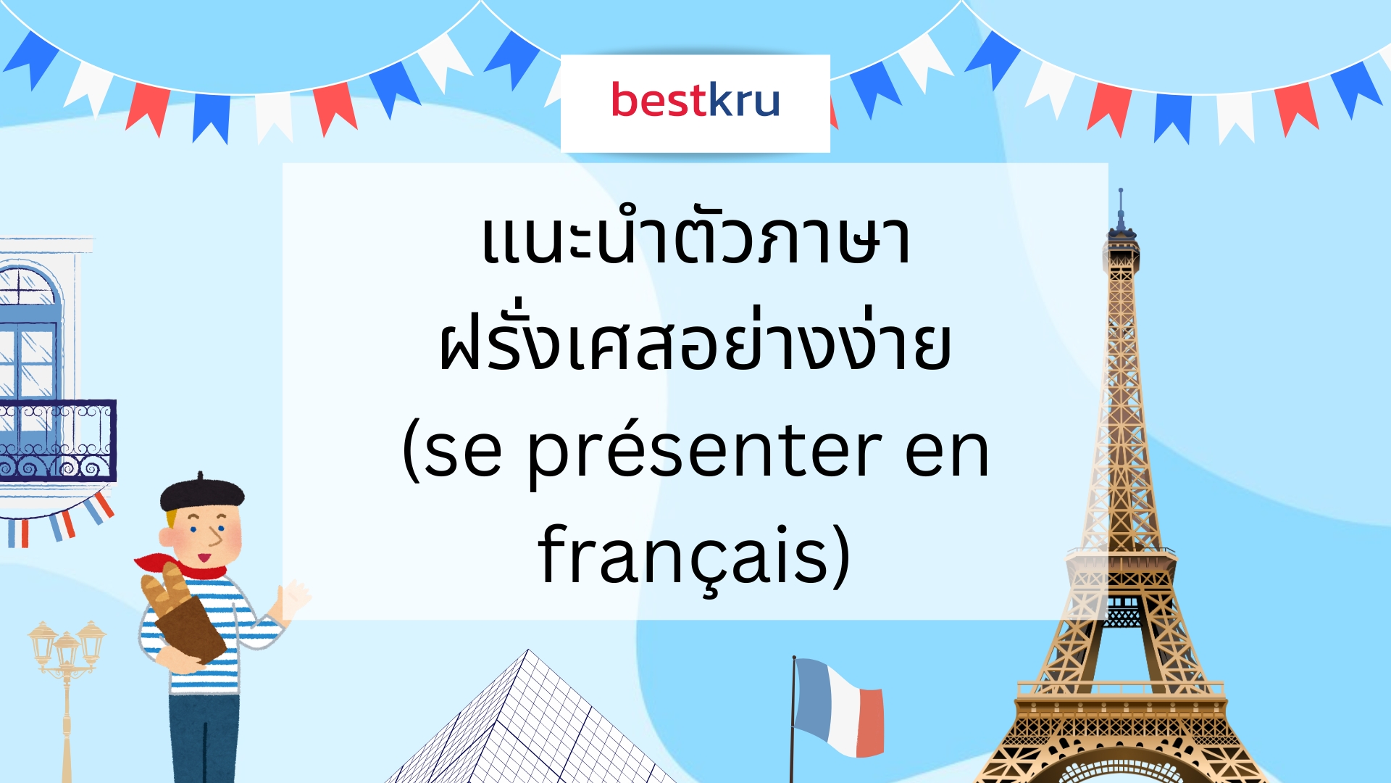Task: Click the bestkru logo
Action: pyautogui.click(x=695, y=101)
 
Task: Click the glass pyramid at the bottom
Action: pyautogui.click(x=529, y=725)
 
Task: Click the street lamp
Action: pyautogui.click(x=67, y=652)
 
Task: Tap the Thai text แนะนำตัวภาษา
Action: pyautogui.click(x=695, y=240)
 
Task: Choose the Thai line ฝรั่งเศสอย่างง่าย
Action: pyautogui.click(x=695, y=347)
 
